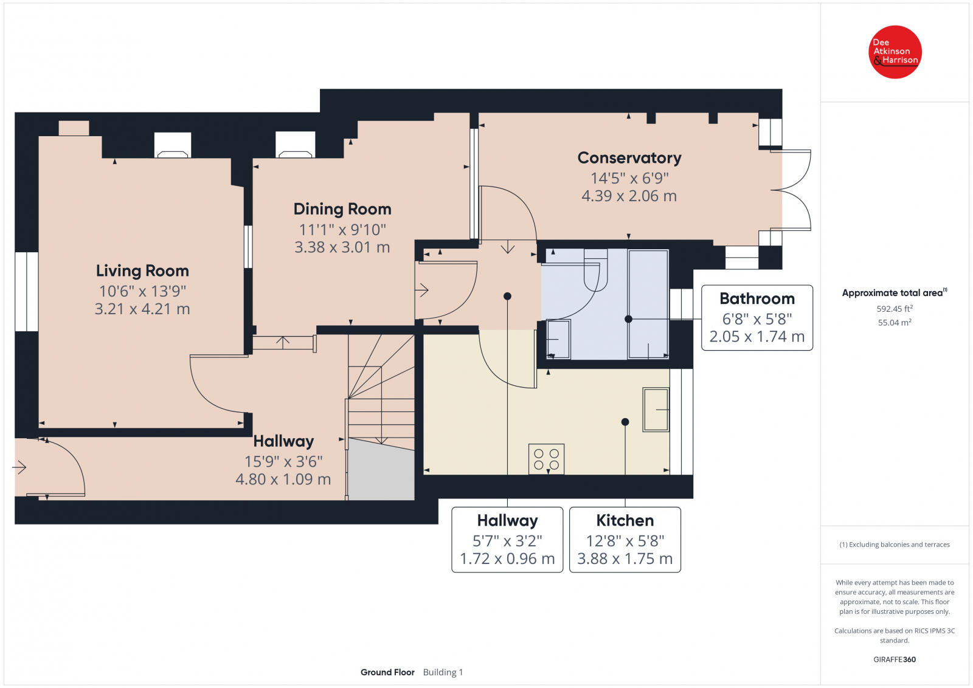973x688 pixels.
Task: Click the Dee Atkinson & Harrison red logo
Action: pyautogui.click(x=895, y=52)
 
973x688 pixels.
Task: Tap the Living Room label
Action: pyautogui.click(x=142, y=271)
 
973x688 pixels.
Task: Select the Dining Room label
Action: pyautogui.click(x=342, y=209)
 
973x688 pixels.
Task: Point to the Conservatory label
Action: pyautogui.click(x=629, y=158)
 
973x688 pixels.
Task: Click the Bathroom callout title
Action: pyautogui.click(x=757, y=298)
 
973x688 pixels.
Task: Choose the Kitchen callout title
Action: pyautogui.click(x=625, y=520)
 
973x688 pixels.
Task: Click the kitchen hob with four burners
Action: pyautogui.click(x=547, y=459)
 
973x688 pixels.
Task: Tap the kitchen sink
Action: pyautogui.click(x=656, y=409)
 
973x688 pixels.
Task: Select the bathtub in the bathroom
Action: pyautogui.click(x=648, y=304)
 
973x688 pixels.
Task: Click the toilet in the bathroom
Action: pyautogui.click(x=595, y=270)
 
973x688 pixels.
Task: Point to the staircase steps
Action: pyautogui.click(x=381, y=391)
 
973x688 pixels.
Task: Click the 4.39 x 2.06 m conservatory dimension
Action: pyautogui.click(x=629, y=196)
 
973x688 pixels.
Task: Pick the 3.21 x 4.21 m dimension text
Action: pyautogui.click(x=142, y=309)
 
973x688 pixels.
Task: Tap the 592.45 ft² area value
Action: pyautogui.click(x=895, y=309)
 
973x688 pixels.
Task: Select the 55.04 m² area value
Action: pyautogui.click(x=895, y=322)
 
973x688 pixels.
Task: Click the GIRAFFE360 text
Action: pyautogui.click(x=895, y=659)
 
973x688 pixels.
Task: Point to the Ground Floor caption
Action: pyautogui.click(x=387, y=672)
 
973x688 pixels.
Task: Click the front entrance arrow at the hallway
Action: pyautogui.click(x=19, y=467)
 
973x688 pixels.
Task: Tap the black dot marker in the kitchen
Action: pyautogui.click(x=625, y=422)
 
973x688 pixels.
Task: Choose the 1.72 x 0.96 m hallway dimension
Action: pyautogui.click(x=507, y=559)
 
